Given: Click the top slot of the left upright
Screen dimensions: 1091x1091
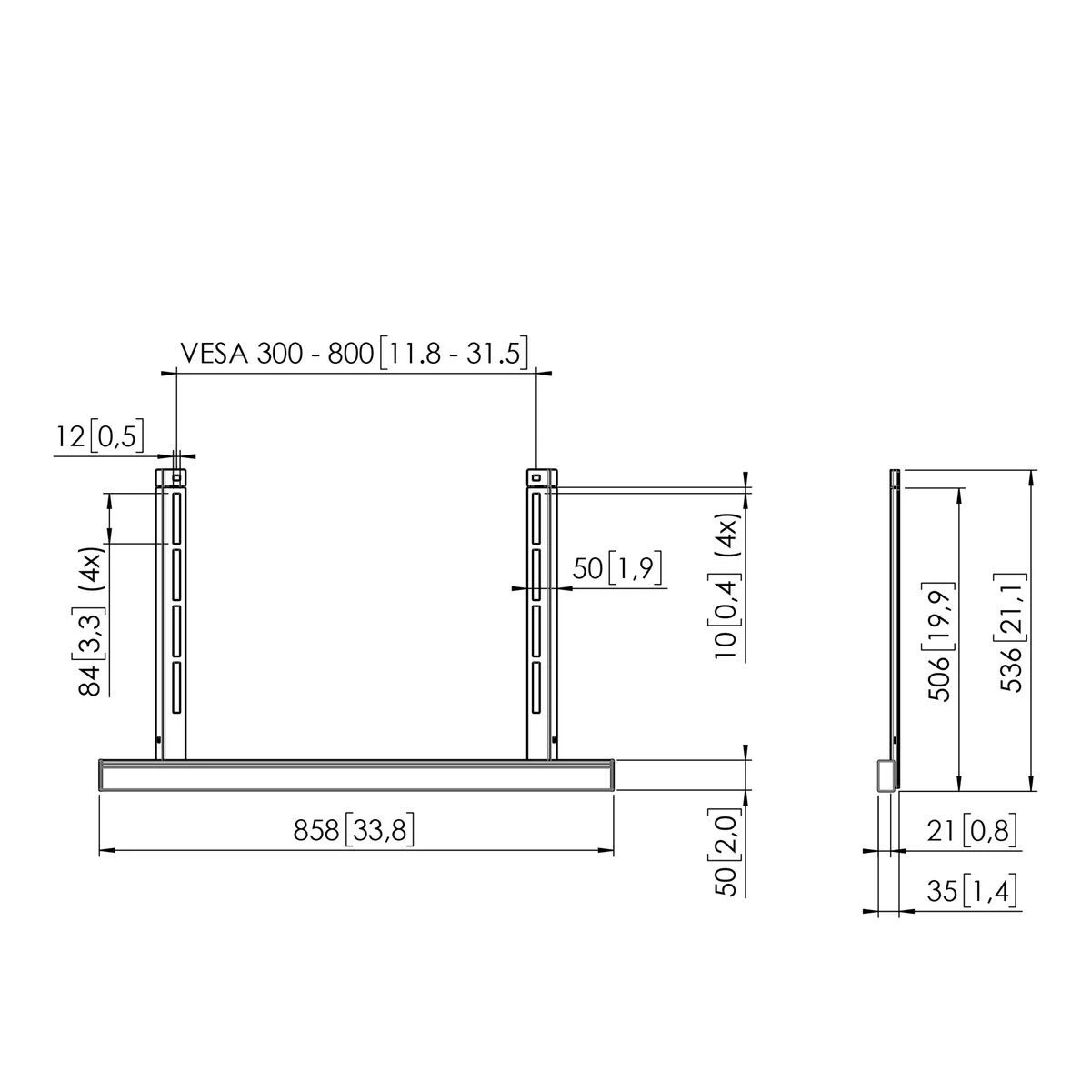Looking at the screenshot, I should point(176,518).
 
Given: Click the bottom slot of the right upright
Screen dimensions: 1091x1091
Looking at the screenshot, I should point(536,687).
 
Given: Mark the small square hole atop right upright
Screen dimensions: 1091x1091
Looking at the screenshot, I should point(536,476).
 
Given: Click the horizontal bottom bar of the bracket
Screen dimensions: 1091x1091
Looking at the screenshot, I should point(355,776).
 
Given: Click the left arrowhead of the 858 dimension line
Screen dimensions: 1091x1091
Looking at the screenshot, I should point(105,851).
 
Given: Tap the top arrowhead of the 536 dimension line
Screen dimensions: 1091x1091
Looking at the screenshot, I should point(1030,475).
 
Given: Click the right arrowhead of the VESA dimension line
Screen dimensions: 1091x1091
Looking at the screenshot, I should point(545,372).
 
